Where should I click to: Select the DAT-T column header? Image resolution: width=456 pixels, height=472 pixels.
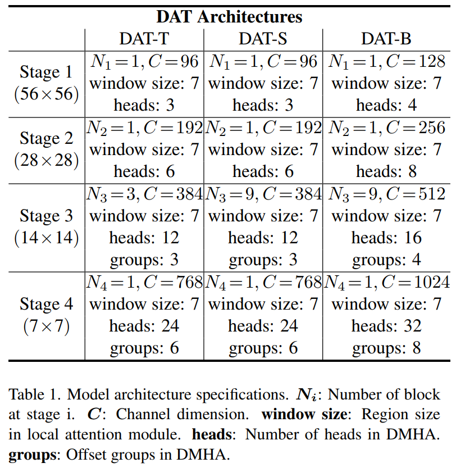(144, 39)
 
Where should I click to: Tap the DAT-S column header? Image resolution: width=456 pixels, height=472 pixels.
(263, 39)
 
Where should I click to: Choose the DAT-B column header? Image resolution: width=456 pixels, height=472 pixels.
(386, 39)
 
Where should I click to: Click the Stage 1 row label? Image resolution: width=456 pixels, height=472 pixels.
(46, 72)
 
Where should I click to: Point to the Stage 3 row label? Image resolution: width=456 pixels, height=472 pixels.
(46, 216)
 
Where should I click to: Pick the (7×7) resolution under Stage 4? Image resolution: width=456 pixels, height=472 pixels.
(46, 326)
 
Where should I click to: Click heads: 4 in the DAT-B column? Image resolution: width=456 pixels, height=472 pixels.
(386, 105)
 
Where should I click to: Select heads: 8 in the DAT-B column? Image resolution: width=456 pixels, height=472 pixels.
(386, 171)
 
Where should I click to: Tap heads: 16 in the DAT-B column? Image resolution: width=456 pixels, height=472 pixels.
(386, 238)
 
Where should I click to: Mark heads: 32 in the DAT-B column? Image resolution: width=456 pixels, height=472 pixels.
(386, 326)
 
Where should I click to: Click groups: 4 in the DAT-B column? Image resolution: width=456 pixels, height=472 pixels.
(386, 260)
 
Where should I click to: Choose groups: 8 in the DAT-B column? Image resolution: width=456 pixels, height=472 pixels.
(386, 348)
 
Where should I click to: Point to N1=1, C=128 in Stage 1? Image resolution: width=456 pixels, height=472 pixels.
(386, 61)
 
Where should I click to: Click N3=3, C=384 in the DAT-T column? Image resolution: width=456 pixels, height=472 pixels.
(144, 194)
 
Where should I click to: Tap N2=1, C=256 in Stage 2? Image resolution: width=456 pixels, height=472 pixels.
(386, 128)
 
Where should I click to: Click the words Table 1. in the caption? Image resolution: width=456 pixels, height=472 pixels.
(34, 394)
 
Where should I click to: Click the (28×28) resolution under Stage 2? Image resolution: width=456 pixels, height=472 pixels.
(46, 160)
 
